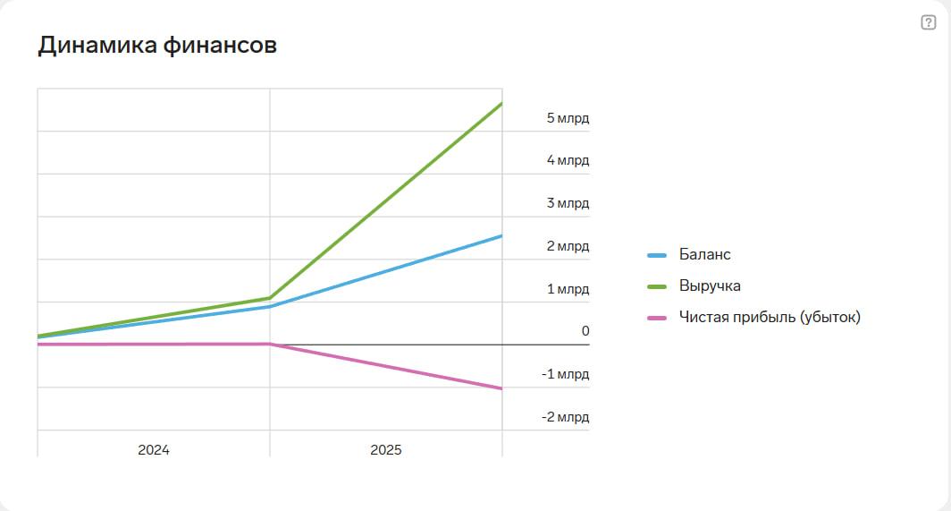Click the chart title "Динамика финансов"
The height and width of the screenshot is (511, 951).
tap(157, 46)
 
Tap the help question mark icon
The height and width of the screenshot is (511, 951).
tap(928, 23)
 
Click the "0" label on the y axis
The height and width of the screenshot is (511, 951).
tap(585, 331)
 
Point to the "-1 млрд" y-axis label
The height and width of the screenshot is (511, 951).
tap(565, 374)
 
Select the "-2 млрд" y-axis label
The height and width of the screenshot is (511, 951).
tap(565, 417)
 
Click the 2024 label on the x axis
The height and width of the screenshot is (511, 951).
tap(154, 450)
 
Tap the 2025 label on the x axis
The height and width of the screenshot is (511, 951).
tap(386, 450)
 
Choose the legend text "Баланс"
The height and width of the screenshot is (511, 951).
tap(704, 255)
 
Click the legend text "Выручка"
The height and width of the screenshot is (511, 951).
tap(710, 286)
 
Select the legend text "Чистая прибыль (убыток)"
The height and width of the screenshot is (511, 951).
tap(769, 317)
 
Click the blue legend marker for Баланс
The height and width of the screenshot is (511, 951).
tap(657, 255)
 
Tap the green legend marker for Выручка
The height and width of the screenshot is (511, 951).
tap(657, 286)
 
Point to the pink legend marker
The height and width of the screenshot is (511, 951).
tap(657, 318)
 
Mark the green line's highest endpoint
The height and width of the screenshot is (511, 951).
tap(501, 104)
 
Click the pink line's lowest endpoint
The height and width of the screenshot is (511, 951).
tap(501, 388)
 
